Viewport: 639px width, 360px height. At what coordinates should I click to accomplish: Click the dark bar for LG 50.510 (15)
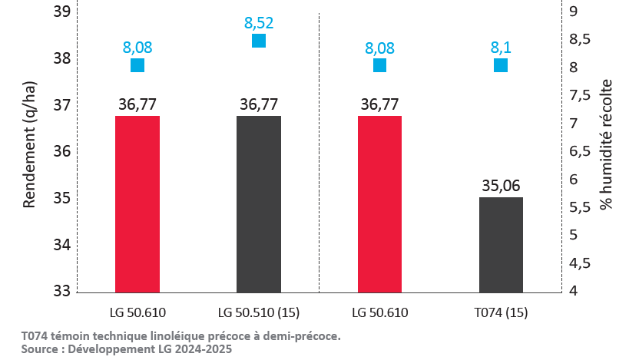click(x=259, y=204)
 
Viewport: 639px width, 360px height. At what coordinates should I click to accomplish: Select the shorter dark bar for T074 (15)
click(x=501, y=245)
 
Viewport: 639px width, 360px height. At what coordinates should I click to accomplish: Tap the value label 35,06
click(x=501, y=186)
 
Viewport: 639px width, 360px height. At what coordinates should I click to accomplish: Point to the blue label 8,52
click(x=259, y=23)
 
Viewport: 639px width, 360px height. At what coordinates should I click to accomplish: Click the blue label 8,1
click(x=501, y=48)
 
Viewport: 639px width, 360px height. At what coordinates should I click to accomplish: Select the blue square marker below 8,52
click(x=259, y=41)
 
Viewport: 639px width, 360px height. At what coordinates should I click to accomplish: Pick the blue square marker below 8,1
click(x=501, y=65)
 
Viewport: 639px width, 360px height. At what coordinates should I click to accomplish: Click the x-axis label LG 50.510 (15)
click(x=259, y=312)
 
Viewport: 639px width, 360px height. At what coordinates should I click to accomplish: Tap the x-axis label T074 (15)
click(x=501, y=312)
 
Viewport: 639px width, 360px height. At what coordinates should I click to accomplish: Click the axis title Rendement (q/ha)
click(x=29, y=145)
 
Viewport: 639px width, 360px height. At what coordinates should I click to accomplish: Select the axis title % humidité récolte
click(x=606, y=144)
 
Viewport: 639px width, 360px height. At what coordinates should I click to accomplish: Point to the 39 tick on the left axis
click(x=62, y=12)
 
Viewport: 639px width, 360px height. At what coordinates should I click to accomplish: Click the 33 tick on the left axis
click(x=62, y=291)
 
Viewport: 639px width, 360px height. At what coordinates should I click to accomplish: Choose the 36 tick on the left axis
click(x=62, y=151)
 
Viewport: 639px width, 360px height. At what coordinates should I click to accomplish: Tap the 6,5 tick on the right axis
click(x=580, y=151)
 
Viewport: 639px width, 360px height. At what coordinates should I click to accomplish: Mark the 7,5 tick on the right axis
click(x=580, y=95)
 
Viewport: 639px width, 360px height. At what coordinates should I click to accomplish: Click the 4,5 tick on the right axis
click(x=580, y=263)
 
